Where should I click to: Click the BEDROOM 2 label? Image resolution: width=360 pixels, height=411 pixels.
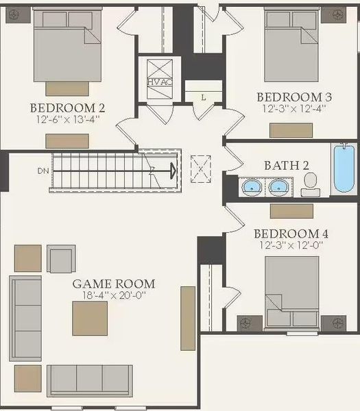click(67, 108)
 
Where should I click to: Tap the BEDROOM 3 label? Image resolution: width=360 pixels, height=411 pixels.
click(289, 97)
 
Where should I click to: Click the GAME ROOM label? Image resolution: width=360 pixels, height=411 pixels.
click(114, 284)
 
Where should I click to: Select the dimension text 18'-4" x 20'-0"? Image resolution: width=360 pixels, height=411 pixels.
click(114, 295)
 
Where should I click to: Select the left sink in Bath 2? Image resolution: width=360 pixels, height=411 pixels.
click(252, 186)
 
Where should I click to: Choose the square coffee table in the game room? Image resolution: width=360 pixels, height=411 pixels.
click(90, 319)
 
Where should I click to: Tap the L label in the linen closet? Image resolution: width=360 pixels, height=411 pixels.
click(203, 97)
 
